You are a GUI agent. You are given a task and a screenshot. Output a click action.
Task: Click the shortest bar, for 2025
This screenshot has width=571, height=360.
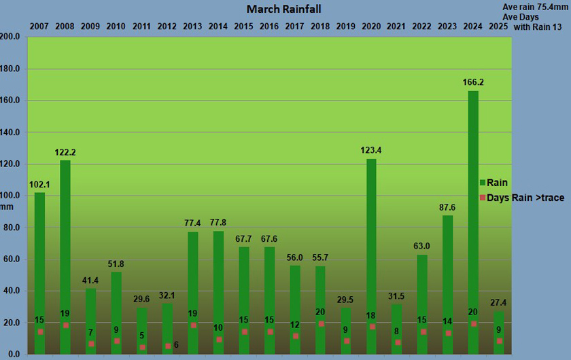[x=499, y=333]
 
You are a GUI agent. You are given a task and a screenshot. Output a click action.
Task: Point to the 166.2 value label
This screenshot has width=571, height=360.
[x=473, y=82]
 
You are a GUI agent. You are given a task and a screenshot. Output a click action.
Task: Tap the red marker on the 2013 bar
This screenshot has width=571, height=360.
[x=193, y=325]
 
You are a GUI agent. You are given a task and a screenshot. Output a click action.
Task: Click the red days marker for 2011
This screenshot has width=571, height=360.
[x=142, y=347]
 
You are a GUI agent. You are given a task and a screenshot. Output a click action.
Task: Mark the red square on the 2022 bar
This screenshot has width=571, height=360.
[x=423, y=332]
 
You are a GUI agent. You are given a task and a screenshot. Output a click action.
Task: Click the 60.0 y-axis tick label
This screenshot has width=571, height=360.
[x=12, y=259]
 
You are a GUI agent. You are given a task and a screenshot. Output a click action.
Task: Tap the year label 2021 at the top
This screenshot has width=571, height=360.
[x=397, y=26]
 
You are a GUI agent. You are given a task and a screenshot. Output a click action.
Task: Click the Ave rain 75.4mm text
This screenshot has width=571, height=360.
[x=534, y=7]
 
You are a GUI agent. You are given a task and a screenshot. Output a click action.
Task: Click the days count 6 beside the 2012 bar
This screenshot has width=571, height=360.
[x=175, y=345]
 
